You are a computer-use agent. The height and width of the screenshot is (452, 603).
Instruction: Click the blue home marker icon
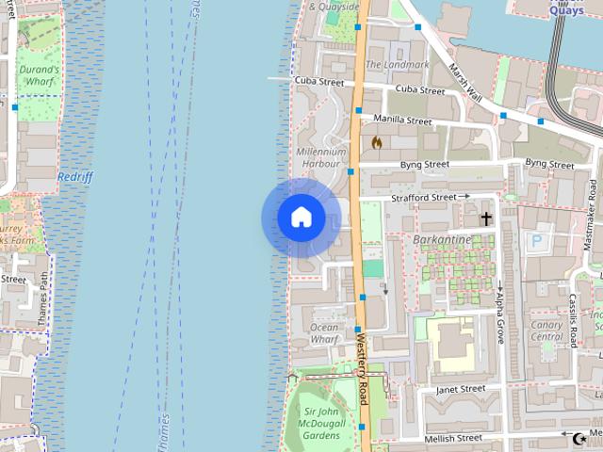coord(301,218)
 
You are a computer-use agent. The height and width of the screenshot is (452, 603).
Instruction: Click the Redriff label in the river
coord(74,176)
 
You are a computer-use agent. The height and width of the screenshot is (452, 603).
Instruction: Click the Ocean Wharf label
coord(324,332)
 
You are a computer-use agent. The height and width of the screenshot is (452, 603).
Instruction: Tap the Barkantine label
coord(442,239)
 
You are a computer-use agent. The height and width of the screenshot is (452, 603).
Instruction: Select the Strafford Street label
coord(423,198)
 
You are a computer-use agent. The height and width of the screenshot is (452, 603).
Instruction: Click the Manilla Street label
coord(402,121)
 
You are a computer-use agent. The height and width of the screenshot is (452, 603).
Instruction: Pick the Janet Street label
coord(461,388)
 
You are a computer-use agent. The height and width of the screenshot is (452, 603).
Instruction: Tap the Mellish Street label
coord(454,438)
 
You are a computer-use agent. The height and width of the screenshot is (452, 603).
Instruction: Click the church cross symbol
coord(486,219)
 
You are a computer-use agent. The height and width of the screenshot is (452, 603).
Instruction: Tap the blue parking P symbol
coord(536,241)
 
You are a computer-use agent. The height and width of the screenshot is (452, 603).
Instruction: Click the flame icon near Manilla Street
coord(377,142)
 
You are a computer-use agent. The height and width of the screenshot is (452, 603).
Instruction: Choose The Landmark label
coord(397,64)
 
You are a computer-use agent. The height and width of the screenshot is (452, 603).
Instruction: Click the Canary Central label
coord(546,331)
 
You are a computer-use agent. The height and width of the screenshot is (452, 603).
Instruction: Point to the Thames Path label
coord(42,302)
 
